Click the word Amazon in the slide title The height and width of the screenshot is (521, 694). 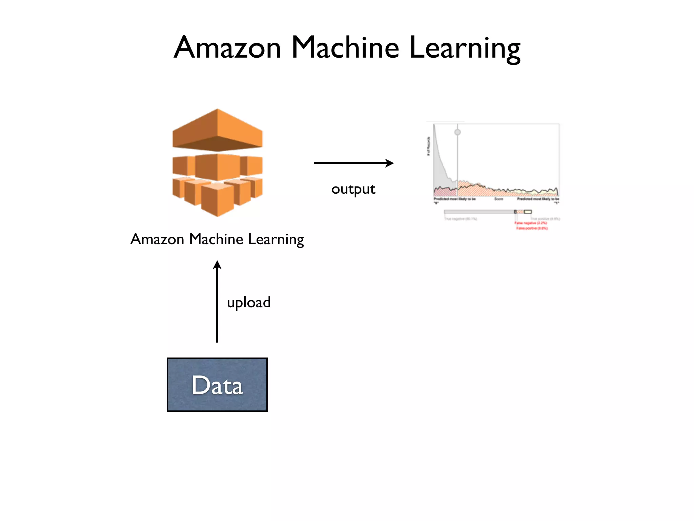click(x=227, y=48)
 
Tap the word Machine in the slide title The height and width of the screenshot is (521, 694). click(x=345, y=48)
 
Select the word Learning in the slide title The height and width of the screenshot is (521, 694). click(x=465, y=49)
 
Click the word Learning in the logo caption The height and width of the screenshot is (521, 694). click(x=276, y=239)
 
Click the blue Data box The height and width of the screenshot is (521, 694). click(x=217, y=385)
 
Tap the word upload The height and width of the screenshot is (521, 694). click(x=249, y=303)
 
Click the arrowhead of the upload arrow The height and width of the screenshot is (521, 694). click(x=217, y=265)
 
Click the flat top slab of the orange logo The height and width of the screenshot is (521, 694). click(x=217, y=131)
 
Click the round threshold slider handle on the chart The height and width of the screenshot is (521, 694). click(x=457, y=132)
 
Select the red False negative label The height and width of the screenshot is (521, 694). click(x=531, y=223)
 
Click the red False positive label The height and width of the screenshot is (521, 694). click(x=532, y=228)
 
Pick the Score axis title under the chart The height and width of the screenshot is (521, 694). click(x=498, y=199)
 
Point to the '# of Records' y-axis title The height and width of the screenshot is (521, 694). click(x=428, y=146)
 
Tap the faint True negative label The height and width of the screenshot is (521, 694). click(x=461, y=219)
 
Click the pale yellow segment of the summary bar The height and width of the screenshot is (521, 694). click(x=528, y=212)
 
